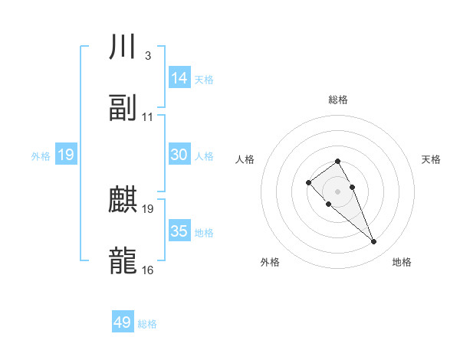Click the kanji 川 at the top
pos(123,47)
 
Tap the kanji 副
pos(123,108)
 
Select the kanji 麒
pos(123,201)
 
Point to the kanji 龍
pos(123,260)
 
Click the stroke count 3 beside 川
pos(147,56)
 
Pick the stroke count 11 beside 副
pos(148,117)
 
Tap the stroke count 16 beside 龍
pos(148,270)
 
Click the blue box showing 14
pos(179,78)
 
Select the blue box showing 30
pos(179,155)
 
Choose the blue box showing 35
pos(179,231)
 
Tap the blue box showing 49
pos(123,322)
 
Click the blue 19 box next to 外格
pos(66,155)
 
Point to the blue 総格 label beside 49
pos(147,324)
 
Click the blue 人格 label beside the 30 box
pos(204,155)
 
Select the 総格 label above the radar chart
pos(338,100)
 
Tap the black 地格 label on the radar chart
pos(402,262)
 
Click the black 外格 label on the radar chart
pos(270,262)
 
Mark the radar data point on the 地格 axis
pos(374,242)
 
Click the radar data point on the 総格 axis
pos(337,161)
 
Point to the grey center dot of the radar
pos(337,191)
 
